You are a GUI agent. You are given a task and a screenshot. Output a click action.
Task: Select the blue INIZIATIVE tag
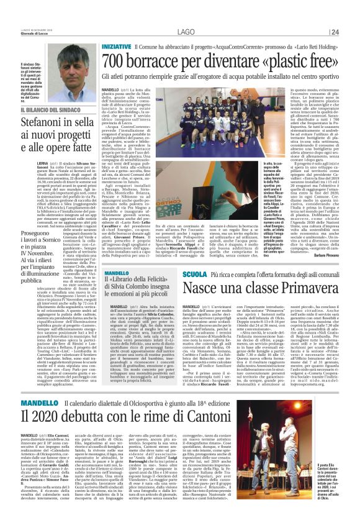coord(117,47)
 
